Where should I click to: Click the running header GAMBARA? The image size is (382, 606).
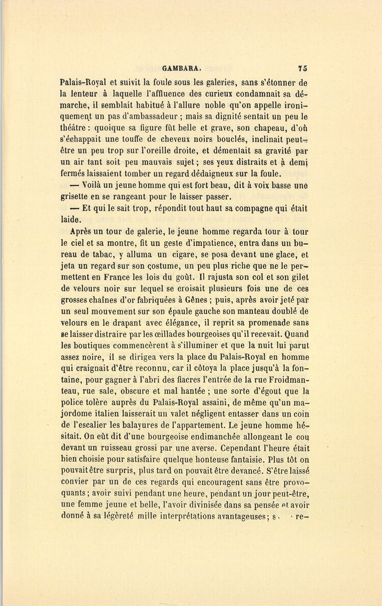pos(178,68)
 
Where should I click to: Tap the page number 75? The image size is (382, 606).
pos(303,68)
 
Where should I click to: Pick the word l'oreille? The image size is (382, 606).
pos(158,150)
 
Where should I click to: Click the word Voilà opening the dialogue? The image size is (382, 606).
pos(95,185)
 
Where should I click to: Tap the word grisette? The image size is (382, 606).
pos(74,197)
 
